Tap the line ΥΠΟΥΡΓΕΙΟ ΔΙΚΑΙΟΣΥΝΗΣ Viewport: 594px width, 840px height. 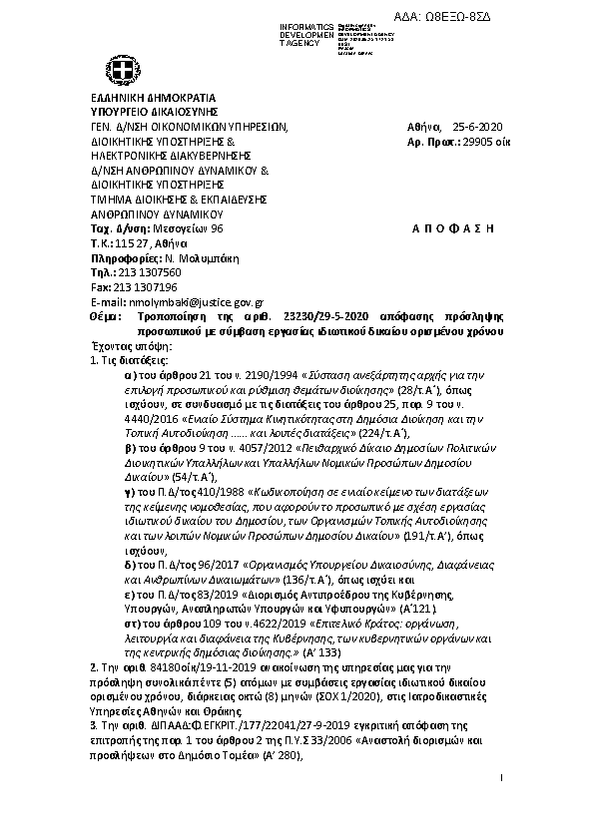tap(154, 113)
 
